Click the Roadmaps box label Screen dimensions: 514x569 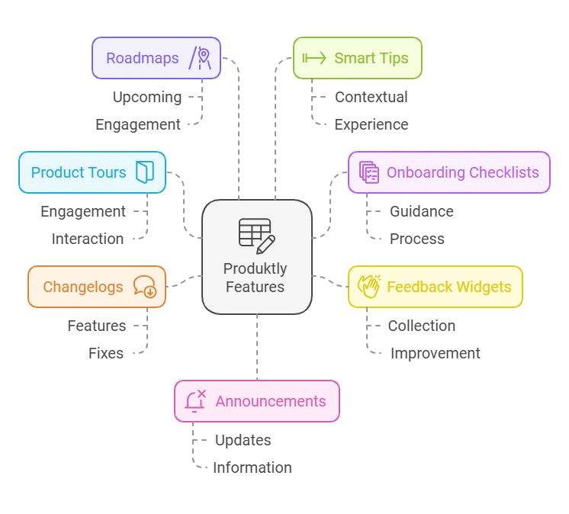point(143,58)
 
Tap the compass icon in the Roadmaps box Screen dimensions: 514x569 point(201,59)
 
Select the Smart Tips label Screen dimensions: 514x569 point(371,58)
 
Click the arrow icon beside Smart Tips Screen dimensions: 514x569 point(314,58)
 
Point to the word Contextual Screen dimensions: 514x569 point(371,97)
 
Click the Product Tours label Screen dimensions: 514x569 point(79,172)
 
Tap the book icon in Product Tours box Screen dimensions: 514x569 point(145,172)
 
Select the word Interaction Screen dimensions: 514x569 point(88,239)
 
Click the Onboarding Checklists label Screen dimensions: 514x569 point(462,172)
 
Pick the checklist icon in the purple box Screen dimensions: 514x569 point(369,172)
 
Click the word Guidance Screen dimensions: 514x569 point(421,211)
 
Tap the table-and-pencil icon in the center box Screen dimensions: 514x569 point(256,236)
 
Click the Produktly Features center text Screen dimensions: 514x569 point(256,278)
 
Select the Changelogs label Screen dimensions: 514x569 point(83,287)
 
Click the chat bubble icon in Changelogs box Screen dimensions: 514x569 point(144,287)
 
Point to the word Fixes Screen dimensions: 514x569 point(106,353)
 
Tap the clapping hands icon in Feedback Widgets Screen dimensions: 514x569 point(369,287)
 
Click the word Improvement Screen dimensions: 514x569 point(435,353)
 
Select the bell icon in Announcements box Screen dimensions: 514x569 point(195,401)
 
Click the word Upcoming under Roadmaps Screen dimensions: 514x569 point(147,97)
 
